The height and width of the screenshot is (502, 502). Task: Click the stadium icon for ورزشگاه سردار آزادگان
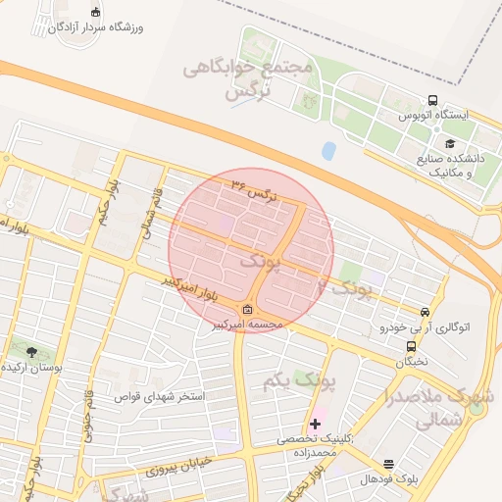click(95, 12)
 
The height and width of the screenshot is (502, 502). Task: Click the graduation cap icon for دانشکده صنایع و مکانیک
click(450, 144)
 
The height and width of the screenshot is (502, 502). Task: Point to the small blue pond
click(328, 151)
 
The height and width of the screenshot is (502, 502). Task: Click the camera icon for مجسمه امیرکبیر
click(245, 310)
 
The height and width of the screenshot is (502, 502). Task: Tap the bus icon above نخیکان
click(411, 345)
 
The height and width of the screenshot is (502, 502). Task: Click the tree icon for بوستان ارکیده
click(31, 351)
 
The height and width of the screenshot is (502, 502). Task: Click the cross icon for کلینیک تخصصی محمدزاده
click(315, 425)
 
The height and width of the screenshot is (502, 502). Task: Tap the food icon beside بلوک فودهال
click(388, 464)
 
